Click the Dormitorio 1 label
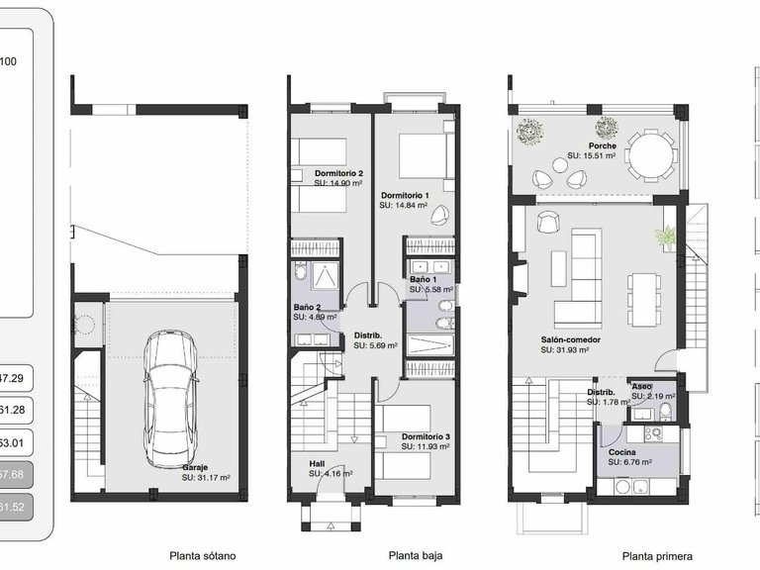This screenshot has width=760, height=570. (x=405, y=196)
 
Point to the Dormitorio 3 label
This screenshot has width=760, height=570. (x=427, y=436)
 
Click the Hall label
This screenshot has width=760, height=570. (x=317, y=463)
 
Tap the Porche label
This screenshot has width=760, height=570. (x=602, y=145)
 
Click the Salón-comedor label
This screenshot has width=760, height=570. (x=571, y=338)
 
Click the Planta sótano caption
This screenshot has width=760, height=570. (x=203, y=556)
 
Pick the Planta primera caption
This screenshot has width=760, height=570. (x=657, y=556)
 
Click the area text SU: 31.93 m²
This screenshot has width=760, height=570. (x=565, y=349)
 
